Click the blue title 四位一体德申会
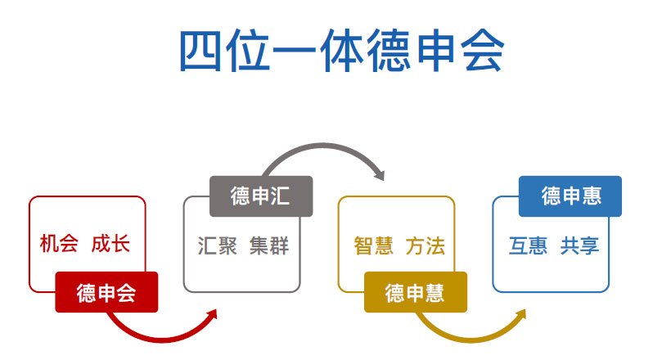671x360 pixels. [x=341, y=51]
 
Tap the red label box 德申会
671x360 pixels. [x=106, y=292]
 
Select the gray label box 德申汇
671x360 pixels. [x=261, y=196]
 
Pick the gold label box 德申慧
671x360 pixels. [x=416, y=292]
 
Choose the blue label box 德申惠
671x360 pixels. [x=570, y=196]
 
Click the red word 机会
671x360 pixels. [x=59, y=244]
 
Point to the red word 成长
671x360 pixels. [x=110, y=244]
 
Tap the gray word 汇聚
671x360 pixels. [x=218, y=245]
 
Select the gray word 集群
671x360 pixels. [x=269, y=245]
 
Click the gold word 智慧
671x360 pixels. [x=374, y=245]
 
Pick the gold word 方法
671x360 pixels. [x=426, y=245]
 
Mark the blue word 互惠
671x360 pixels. [x=528, y=245]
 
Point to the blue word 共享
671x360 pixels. [x=580, y=245]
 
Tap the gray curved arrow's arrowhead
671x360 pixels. [x=380, y=174]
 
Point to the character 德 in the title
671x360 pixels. [x=389, y=51]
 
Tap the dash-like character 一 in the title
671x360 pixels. [x=295, y=51]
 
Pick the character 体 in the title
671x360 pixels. [x=342, y=51]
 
